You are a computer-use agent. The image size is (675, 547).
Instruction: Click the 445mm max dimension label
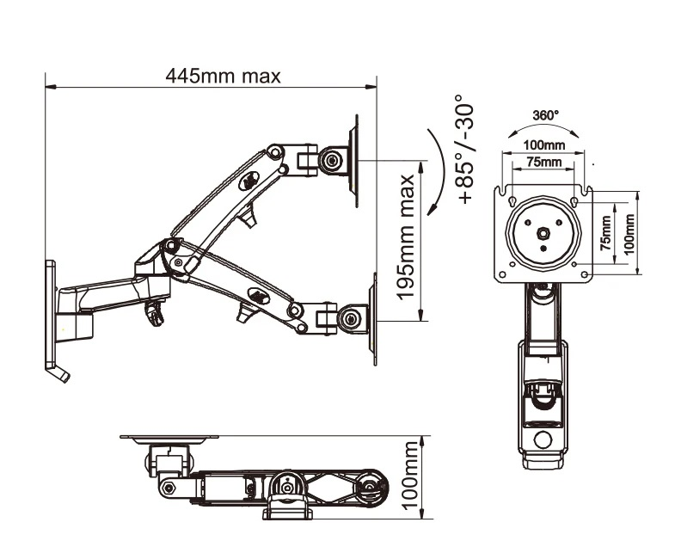[x=223, y=76]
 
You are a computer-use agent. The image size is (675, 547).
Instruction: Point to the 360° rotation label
[x=545, y=114]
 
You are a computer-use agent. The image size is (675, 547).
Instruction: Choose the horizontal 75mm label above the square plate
[x=544, y=162]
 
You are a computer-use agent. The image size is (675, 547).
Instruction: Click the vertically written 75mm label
[x=607, y=232]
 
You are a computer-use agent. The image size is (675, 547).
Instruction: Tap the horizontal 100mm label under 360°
[x=544, y=144]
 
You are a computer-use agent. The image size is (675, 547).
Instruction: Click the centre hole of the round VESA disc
[x=544, y=232]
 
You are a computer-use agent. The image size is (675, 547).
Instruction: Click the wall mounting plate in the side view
[x=49, y=314]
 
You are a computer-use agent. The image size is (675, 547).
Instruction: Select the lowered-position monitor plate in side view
[x=373, y=319]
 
